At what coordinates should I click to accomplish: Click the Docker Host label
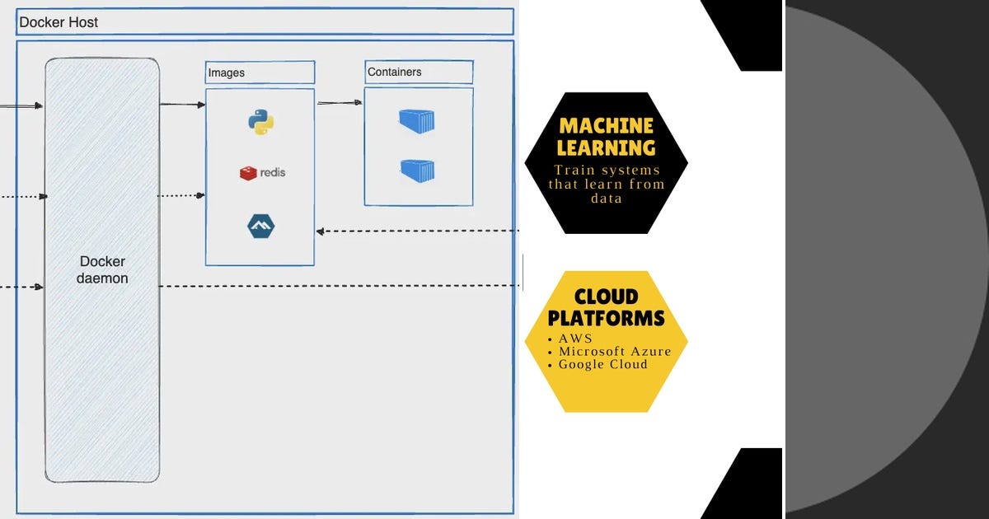pyautogui.click(x=59, y=22)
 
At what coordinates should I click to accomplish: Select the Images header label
pyautogui.click(x=226, y=72)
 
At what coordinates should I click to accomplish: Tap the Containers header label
pyautogui.click(x=394, y=72)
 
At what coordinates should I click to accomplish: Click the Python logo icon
pyautogui.click(x=260, y=122)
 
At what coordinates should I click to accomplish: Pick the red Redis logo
pyautogui.click(x=248, y=173)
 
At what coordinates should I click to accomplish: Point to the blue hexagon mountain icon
pyautogui.click(x=260, y=227)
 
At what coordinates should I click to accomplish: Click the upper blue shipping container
pyautogui.click(x=417, y=121)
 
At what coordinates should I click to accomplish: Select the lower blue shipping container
pyautogui.click(x=418, y=171)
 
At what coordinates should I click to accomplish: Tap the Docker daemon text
pyautogui.click(x=102, y=269)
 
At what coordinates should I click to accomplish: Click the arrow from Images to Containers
pyautogui.click(x=340, y=103)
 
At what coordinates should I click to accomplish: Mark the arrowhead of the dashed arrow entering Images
pyautogui.click(x=320, y=231)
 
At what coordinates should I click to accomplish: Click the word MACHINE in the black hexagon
pyautogui.click(x=607, y=126)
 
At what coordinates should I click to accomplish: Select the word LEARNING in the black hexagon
pyautogui.click(x=607, y=147)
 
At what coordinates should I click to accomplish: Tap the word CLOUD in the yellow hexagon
pyautogui.click(x=607, y=297)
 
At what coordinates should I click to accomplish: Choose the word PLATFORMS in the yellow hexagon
pyautogui.click(x=607, y=318)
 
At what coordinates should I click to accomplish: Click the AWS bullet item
pyautogui.click(x=575, y=339)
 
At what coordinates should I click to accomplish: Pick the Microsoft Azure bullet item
pyautogui.click(x=615, y=351)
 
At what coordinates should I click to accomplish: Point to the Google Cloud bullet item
pyautogui.click(x=602, y=364)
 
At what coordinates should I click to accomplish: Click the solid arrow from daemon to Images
pyautogui.click(x=182, y=105)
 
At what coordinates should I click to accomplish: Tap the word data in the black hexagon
pyautogui.click(x=607, y=199)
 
